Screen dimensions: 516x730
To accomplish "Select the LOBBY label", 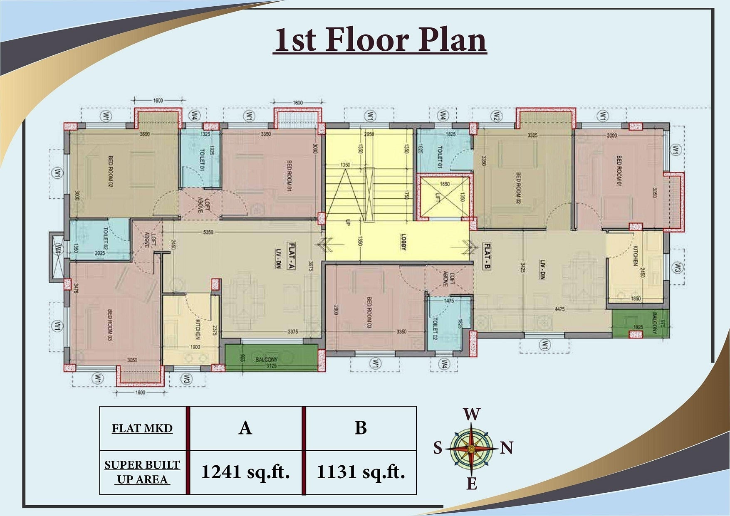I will (403, 242).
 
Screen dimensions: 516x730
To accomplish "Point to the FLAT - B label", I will (487, 256).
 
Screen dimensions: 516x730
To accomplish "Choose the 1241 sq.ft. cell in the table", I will (245, 472).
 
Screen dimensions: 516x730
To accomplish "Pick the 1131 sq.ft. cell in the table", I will (361, 472).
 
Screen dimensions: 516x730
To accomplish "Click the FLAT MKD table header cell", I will (142, 428).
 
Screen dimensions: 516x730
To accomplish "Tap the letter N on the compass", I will (506, 448).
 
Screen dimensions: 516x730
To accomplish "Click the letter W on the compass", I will (471, 415).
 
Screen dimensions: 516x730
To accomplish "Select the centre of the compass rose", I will (471, 449).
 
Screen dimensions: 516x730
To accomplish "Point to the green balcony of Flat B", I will (641, 323).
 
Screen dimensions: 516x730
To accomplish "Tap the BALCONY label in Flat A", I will (266, 359).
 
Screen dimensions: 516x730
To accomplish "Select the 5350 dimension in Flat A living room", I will (208, 232).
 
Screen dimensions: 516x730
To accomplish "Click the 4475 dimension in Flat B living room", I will (559, 309).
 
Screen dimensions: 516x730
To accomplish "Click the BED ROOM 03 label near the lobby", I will (369, 313).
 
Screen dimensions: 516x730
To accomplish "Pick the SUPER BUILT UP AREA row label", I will (142, 472).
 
